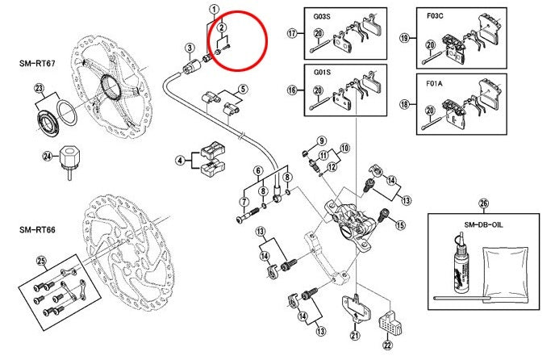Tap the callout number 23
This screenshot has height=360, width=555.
(x=38, y=90)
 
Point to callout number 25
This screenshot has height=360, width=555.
(x=40, y=260)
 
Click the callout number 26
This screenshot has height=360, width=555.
(x=483, y=203)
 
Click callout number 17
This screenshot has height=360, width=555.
(x=291, y=33)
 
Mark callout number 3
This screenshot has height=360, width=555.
(x=188, y=48)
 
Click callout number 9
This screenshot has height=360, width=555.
(x=321, y=140)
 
